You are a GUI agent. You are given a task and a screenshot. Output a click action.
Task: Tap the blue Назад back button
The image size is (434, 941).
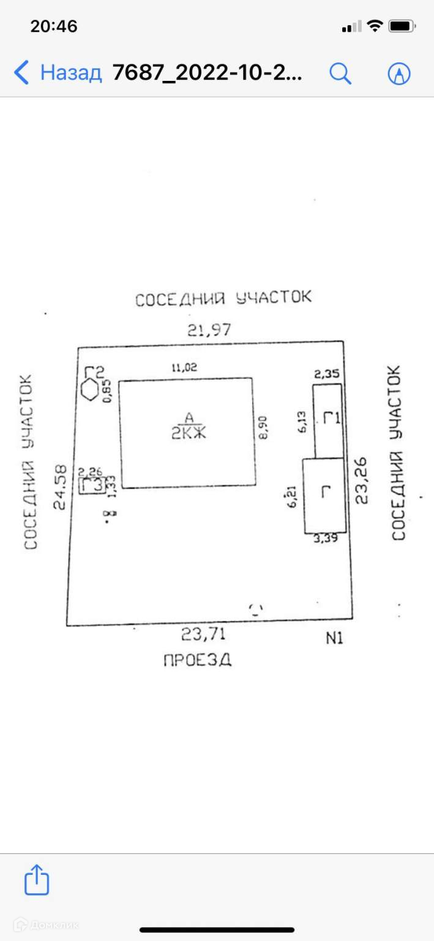(58, 73)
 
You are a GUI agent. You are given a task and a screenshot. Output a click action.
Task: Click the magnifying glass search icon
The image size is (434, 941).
(340, 74)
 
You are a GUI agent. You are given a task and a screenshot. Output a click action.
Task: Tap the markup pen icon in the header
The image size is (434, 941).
(399, 74)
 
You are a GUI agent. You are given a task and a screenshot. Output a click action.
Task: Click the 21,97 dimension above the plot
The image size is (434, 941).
(209, 330)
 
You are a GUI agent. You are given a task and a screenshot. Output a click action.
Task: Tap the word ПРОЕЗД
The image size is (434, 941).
(198, 660)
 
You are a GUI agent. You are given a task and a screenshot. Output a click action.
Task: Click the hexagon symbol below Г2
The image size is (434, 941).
(91, 390)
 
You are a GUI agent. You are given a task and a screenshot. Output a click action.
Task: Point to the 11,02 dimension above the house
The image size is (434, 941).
(184, 368)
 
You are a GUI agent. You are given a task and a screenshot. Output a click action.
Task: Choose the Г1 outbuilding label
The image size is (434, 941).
(331, 420)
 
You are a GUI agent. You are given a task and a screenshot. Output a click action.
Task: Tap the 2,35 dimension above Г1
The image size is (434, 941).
(326, 374)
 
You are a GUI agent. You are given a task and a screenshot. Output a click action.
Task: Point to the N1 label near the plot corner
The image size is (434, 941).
(334, 638)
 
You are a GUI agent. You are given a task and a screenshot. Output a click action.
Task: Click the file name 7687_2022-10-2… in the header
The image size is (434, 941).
(207, 74)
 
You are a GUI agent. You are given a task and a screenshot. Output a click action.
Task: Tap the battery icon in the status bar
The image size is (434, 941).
(402, 26)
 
